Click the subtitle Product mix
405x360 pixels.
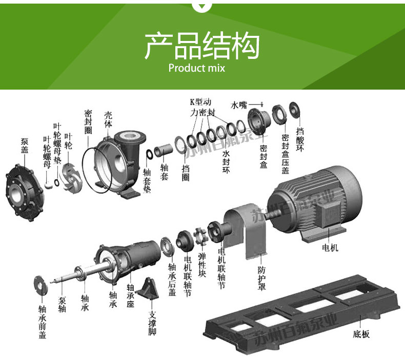point(196,68)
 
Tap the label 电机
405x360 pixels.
point(330,248)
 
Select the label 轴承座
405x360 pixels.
point(130,294)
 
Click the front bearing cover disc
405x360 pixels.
point(40,284)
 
